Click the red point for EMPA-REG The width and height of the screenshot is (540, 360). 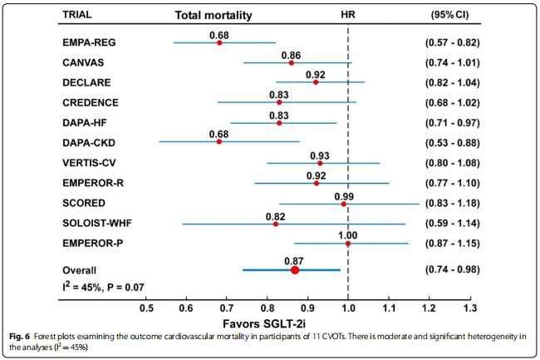[219, 42]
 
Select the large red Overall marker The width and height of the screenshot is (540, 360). [295, 269]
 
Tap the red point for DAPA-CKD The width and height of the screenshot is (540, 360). [219, 141]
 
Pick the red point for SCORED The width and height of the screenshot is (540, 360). [343, 203]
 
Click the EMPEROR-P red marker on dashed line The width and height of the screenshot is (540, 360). [348, 244]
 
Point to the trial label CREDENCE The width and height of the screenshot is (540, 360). [91, 102]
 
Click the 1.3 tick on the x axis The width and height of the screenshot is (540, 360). [470, 308]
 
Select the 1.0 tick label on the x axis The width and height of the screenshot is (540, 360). [348, 308]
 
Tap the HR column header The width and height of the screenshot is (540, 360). [349, 15]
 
